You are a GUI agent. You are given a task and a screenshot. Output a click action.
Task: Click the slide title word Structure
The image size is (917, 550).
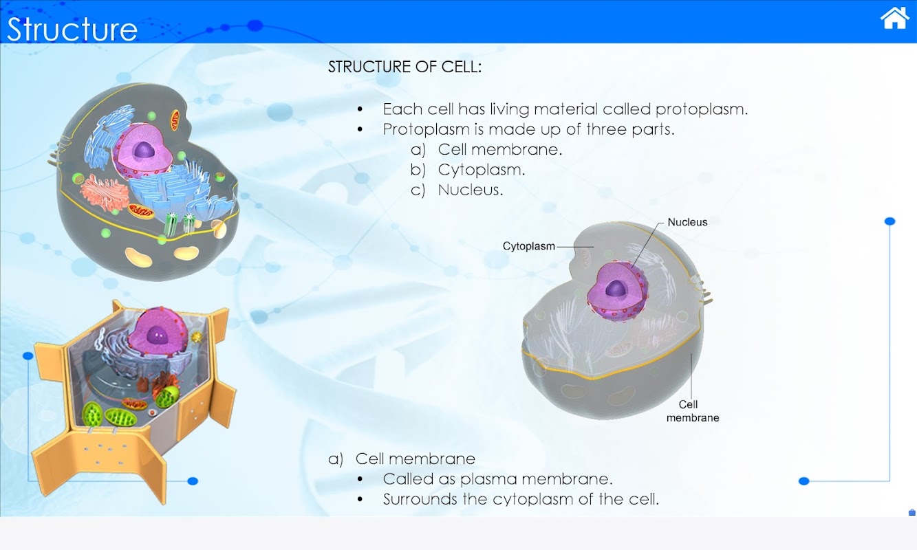pos(72,29)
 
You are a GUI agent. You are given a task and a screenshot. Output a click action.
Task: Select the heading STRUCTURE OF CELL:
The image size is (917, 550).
pos(405,67)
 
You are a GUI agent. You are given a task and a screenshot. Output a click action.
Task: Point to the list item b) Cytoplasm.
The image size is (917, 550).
pos(468,169)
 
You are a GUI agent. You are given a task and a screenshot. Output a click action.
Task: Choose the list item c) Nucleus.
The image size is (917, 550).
pos(457,190)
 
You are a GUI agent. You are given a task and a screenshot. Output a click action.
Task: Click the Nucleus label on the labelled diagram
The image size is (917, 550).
pos(687,222)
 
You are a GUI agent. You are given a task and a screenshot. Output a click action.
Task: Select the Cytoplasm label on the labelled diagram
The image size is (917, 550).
pos(528,246)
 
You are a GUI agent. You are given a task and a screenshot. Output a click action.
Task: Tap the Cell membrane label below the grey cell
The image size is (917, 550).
pos(693,411)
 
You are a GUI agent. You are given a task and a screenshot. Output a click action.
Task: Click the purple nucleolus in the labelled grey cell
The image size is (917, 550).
pos(616,289)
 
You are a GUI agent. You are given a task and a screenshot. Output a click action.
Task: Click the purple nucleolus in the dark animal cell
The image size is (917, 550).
pos(144,150)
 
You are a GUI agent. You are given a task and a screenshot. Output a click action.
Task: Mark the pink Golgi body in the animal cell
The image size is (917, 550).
pos(105,192)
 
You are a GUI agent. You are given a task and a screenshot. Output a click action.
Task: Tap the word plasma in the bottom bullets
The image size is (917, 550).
pos(488,480)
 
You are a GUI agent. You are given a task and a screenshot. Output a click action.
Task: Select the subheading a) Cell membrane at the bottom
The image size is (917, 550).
pos(402,459)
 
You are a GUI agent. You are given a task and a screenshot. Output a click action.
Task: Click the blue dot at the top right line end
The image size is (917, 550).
pos(889,221)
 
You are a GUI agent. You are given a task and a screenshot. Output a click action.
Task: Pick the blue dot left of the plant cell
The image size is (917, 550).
pos(28,356)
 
